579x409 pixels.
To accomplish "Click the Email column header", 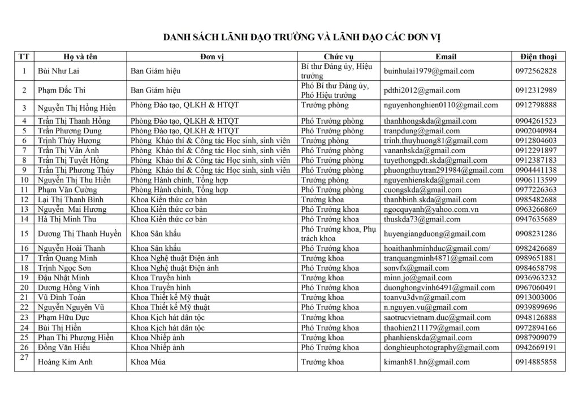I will tap(446, 57).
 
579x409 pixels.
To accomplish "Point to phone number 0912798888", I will tap(535, 105).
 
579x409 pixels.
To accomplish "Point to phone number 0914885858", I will tap(535, 362).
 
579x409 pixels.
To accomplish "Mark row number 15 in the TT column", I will tap(24, 234).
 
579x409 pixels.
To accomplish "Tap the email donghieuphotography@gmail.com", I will tap(440, 347).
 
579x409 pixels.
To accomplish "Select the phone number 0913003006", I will tap(535, 298).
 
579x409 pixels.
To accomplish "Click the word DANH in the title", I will tap(178, 37).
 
